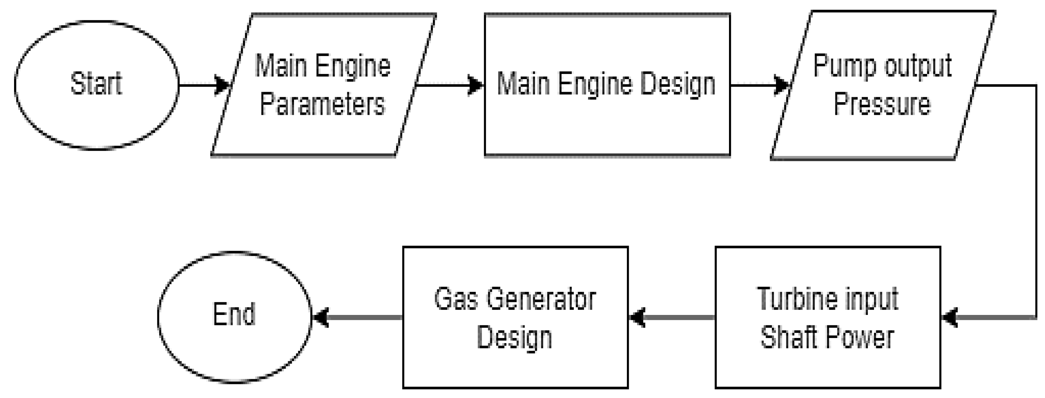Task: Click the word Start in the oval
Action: (96, 84)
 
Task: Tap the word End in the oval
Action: (234, 314)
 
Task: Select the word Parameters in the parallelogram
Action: (322, 104)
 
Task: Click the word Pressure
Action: (882, 104)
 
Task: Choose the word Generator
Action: (541, 300)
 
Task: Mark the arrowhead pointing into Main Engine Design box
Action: (475, 85)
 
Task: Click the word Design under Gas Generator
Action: (514, 337)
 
